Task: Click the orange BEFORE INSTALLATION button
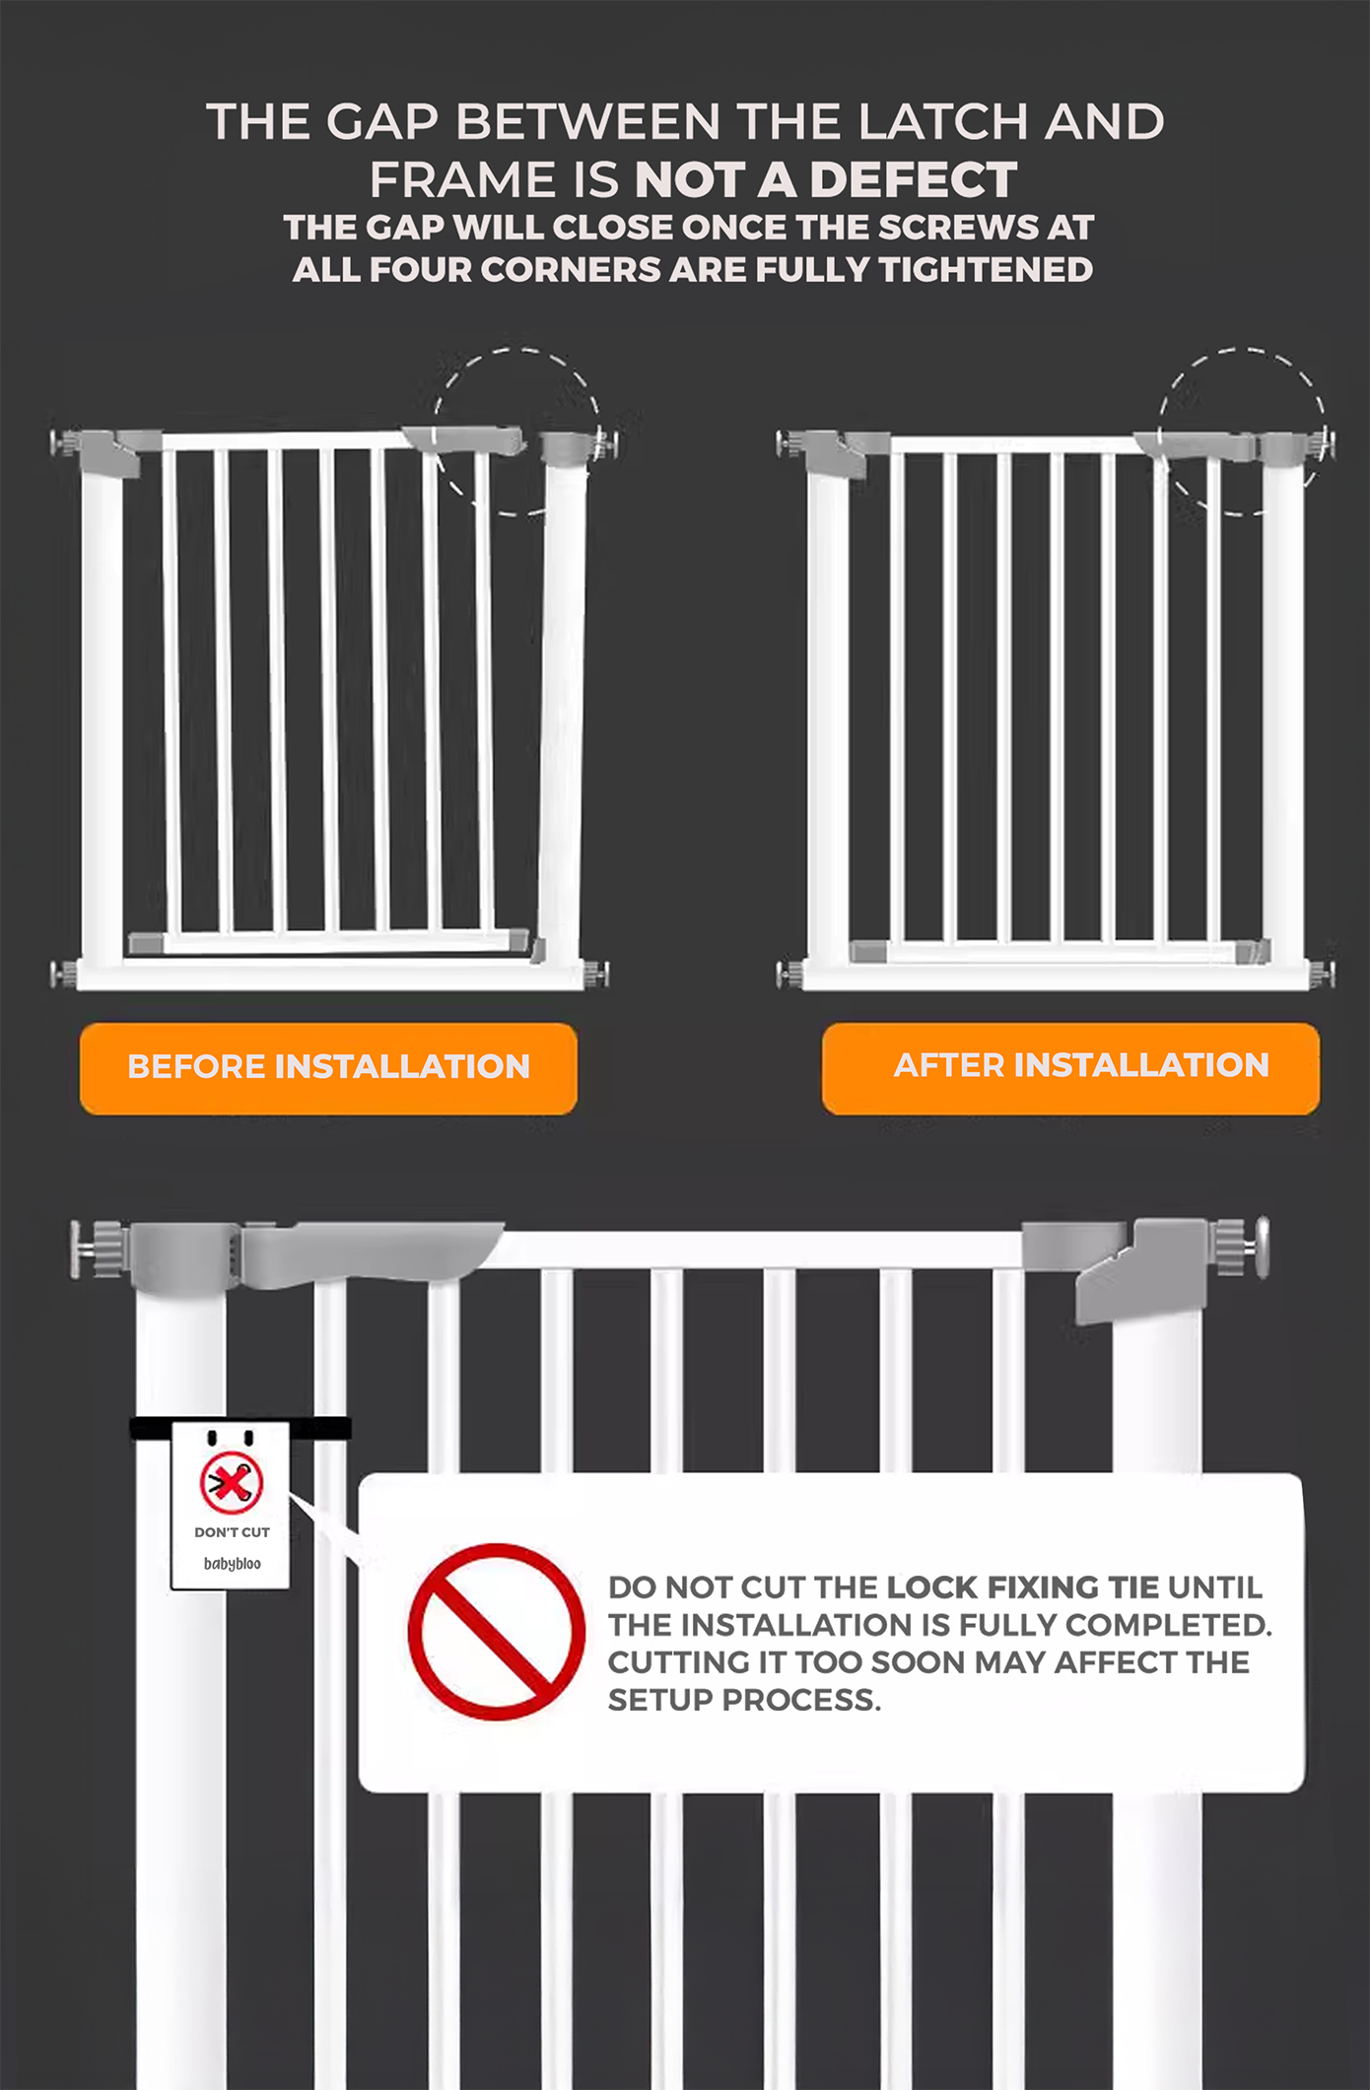tap(328, 1068)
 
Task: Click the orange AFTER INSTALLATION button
tap(1070, 1068)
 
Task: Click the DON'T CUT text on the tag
tap(232, 1532)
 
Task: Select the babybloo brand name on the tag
tap(232, 1564)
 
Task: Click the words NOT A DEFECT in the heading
tap(826, 180)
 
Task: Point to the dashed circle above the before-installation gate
tap(516, 431)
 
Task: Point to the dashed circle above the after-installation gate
tap(1242, 431)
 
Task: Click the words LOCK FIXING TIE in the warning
tap(1023, 1587)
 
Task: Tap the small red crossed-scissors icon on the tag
tap(232, 1482)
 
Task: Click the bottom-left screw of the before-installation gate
tap(63, 975)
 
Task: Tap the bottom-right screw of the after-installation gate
tap(1324, 974)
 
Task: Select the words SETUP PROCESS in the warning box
tap(743, 1700)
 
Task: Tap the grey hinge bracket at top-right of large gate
tap(1133, 1271)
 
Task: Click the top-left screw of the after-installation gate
tap(789, 443)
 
